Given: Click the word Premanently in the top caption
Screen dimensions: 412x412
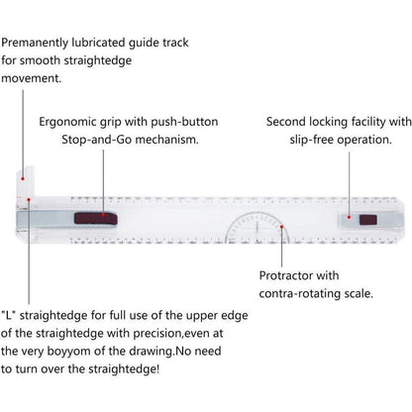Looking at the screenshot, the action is point(35,43).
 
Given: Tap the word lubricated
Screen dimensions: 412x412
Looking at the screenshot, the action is point(98,43).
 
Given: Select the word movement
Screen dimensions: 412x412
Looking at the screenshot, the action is point(32,78).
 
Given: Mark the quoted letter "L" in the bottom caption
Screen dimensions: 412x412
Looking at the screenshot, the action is point(9,315).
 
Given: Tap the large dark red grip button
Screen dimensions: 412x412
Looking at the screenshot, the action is point(96,219).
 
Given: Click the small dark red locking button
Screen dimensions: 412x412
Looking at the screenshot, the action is point(368,220).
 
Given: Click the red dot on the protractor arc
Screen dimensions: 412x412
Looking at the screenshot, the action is point(281,227).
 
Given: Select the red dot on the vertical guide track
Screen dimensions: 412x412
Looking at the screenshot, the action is point(23,178).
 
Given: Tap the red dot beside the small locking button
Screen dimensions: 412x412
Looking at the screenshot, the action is point(349,217).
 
